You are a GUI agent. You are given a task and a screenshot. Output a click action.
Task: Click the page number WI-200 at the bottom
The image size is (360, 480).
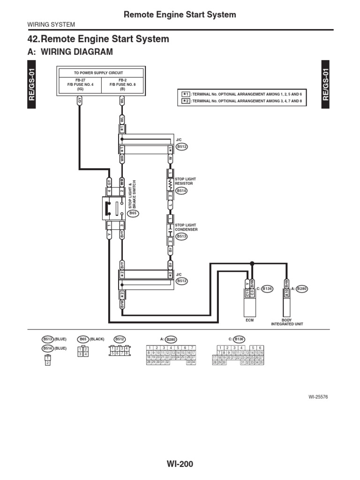tap(180, 464)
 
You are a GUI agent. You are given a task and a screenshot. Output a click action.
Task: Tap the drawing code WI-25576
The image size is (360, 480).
tap(318, 397)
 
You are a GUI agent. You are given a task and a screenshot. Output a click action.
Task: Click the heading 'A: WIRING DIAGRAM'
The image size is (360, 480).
tap(70, 52)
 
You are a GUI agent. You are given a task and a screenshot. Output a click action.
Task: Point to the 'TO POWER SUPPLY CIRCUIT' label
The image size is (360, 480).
tap(98, 73)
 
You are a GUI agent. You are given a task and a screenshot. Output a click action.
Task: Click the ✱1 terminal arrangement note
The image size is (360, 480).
tap(242, 94)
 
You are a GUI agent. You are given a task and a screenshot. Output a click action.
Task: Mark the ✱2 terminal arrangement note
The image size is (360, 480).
tap(242, 101)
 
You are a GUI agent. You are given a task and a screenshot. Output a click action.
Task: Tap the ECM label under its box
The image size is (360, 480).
tap(250, 320)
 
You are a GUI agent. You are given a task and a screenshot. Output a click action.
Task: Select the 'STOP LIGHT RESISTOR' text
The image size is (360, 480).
tap(185, 181)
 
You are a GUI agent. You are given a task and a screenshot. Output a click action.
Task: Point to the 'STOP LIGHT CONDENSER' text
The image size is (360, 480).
tap(186, 227)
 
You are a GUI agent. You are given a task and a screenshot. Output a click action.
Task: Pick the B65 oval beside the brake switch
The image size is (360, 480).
tap(133, 213)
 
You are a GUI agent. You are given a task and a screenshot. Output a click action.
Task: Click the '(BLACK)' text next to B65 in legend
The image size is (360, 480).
tap(97, 338)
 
